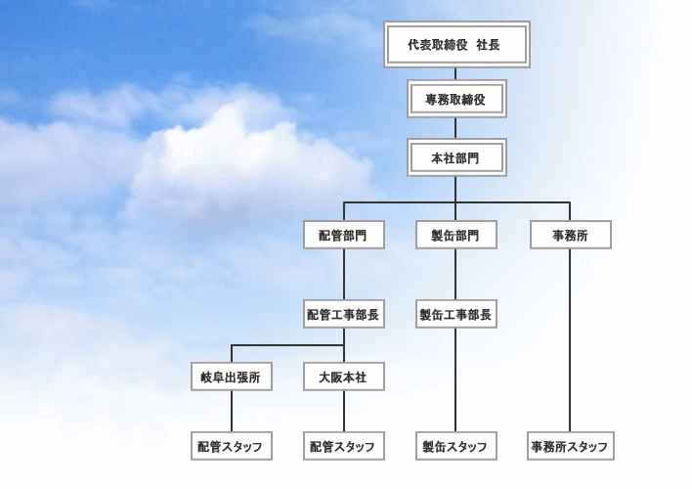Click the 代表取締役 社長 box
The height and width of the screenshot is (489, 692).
click(456, 45)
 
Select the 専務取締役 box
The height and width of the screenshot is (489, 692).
click(456, 99)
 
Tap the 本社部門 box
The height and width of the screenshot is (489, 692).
click(456, 156)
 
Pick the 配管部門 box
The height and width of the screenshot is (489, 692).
click(343, 235)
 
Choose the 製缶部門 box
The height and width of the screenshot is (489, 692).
click(456, 235)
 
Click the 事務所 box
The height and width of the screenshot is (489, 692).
click(570, 235)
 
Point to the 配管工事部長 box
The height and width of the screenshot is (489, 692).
click(343, 315)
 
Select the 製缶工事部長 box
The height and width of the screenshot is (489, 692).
click(456, 315)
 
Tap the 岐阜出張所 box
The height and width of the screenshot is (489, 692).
click(231, 377)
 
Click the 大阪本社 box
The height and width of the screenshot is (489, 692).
click(343, 377)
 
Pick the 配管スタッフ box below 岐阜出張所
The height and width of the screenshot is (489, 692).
click(231, 447)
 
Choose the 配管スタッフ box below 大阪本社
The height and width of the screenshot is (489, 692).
click(343, 447)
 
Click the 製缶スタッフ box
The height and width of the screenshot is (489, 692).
click(456, 447)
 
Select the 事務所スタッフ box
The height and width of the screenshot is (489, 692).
click(570, 447)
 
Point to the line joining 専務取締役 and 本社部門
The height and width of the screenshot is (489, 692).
click(456, 127)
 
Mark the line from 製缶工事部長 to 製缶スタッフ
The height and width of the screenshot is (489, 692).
click(456, 381)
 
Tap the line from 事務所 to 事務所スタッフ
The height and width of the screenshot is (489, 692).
click(570, 342)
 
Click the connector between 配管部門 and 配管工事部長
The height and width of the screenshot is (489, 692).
click(343, 275)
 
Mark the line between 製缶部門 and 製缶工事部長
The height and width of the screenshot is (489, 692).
click(456, 275)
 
